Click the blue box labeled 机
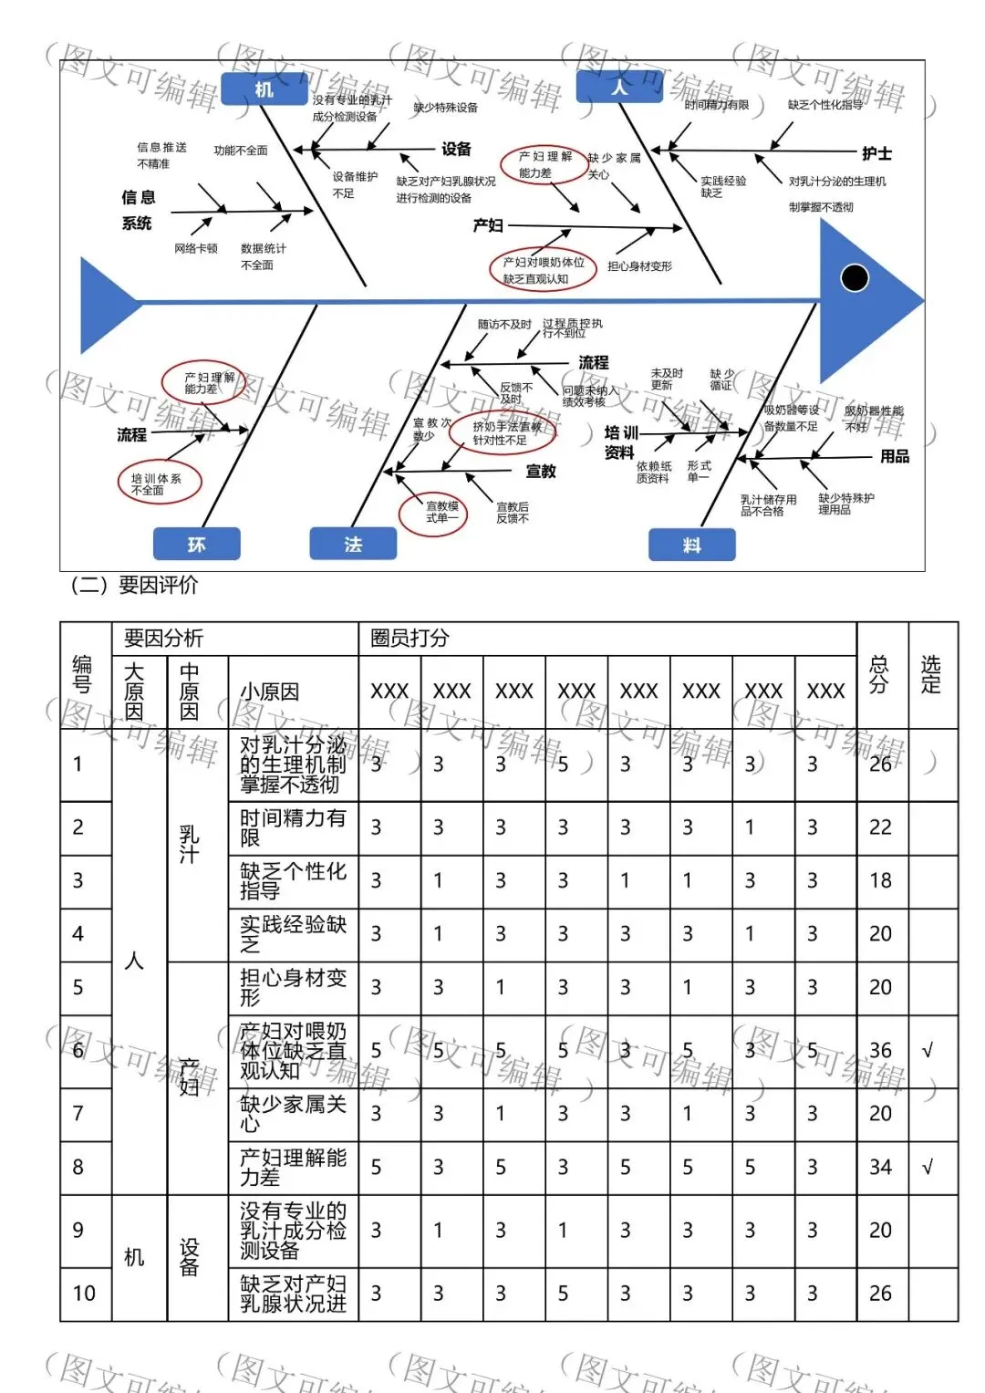[x=264, y=88]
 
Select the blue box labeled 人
[x=619, y=87]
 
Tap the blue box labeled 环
[x=196, y=544]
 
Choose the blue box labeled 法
[x=353, y=544]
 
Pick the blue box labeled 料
[x=691, y=545]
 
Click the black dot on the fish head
[x=855, y=277]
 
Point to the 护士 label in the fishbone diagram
[x=876, y=153]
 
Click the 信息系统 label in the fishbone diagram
[x=138, y=210]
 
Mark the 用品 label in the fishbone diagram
[x=894, y=456]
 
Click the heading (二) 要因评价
[x=134, y=585]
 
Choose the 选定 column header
[x=931, y=674]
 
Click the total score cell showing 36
[x=881, y=1050]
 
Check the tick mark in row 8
[x=928, y=1167]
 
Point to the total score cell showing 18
[x=881, y=880]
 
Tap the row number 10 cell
[x=84, y=1293]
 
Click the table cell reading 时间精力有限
[x=292, y=827]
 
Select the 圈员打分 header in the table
[x=410, y=638]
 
